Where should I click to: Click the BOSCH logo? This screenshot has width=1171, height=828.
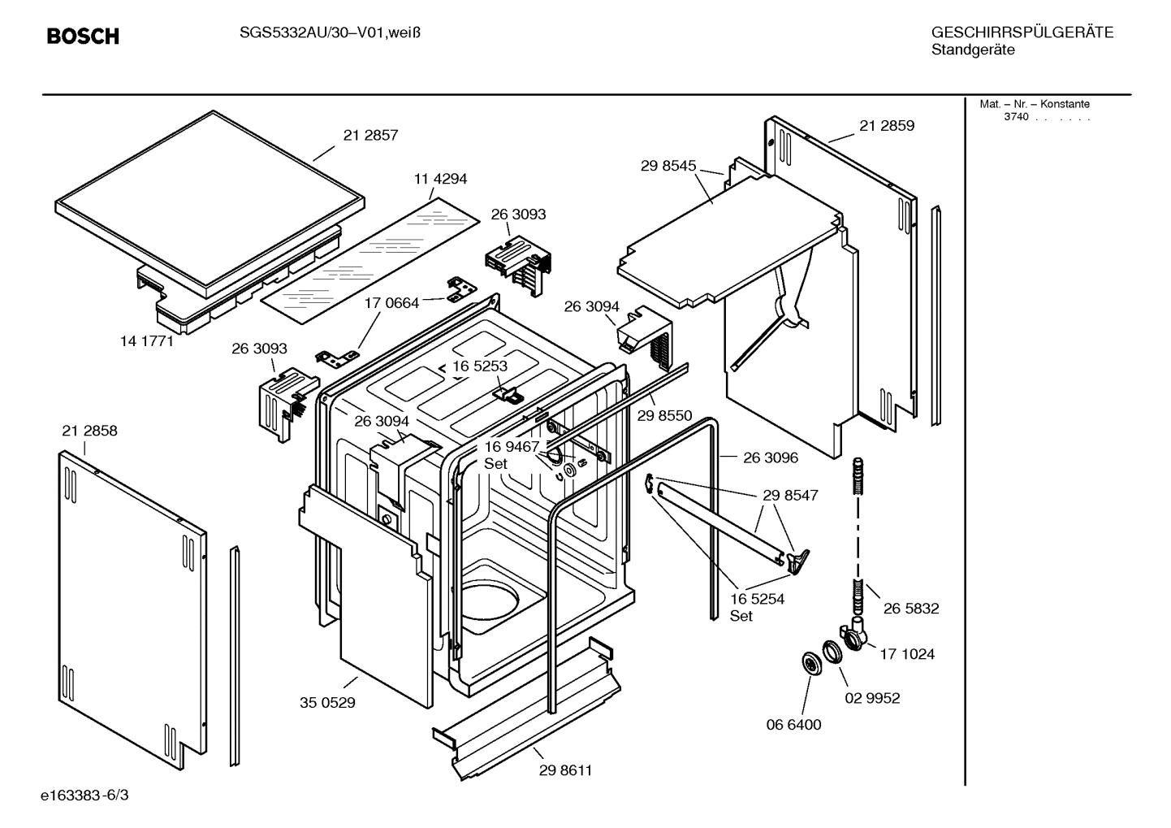[x=83, y=37]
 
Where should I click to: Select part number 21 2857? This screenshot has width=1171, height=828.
[x=370, y=136]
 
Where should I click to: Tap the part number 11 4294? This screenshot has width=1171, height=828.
[x=440, y=179]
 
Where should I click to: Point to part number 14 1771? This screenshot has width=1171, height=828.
[x=147, y=341]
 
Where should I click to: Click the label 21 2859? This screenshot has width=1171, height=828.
[x=887, y=126]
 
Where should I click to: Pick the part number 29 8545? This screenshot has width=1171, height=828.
[x=668, y=166]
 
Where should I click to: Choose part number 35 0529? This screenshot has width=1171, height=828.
[x=328, y=703]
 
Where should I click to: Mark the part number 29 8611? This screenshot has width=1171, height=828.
[x=565, y=770]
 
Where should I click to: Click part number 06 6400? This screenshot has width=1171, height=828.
[x=794, y=725]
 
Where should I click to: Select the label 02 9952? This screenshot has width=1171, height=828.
[x=873, y=698]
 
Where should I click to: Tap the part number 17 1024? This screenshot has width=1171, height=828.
[x=907, y=654]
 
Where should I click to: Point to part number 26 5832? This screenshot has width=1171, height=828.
[x=911, y=609]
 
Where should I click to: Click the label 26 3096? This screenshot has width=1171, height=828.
[x=771, y=457]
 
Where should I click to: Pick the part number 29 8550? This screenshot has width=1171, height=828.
[x=664, y=416]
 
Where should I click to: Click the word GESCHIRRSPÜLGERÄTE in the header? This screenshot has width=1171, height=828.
[x=1022, y=33]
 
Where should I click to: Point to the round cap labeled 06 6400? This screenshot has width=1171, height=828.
[x=810, y=663]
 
